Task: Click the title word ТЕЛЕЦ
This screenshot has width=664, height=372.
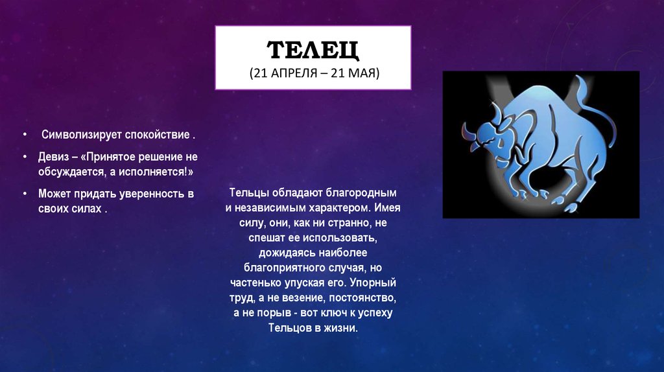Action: pyautogui.click(x=313, y=50)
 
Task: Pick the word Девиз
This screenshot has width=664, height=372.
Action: pyautogui.click(x=53, y=157)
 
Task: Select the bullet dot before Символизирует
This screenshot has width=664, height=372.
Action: pyautogui.click(x=25, y=135)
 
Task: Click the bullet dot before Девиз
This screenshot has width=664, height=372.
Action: pyautogui.click(x=25, y=157)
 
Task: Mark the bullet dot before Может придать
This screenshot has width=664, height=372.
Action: pyautogui.click(x=25, y=193)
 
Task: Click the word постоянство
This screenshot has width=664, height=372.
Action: pyautogui.click(x=362, y=298)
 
